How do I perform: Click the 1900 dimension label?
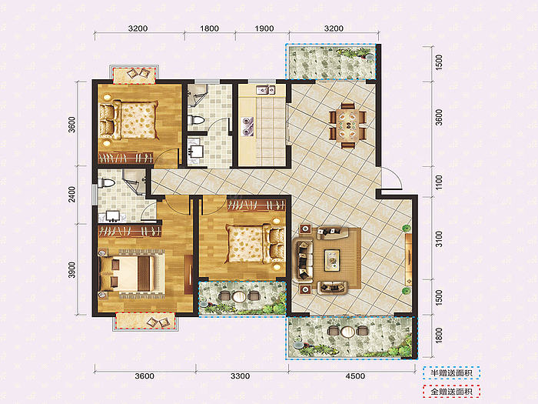click(264, 28)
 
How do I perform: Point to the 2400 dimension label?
click(71, 194)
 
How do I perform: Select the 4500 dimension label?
click(355, 376)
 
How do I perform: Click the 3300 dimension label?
click(240, 376)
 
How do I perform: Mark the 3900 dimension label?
click(71, 269)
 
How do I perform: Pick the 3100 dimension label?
click(439, 239)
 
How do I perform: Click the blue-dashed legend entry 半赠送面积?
click(451, 373)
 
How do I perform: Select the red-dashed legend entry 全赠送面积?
click(451, 391)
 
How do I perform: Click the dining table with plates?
click(348, 125)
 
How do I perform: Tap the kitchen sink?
click(265, 90)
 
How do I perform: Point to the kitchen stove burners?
click(247, 125)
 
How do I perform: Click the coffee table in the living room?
click(332, 260)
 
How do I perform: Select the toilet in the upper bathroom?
click(196, 120)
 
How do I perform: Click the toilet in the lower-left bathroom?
click(106, 183)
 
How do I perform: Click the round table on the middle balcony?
click(239, 296)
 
